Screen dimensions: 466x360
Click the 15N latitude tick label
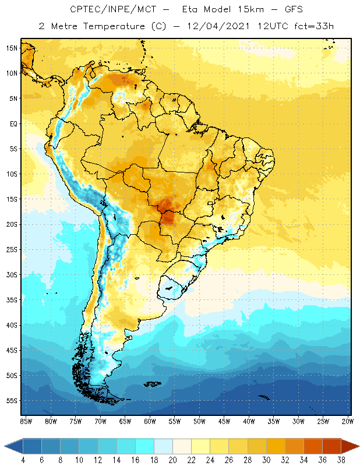pos(12,48)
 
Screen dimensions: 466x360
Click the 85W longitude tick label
pos(26,421)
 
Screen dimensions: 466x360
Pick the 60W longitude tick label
pos(150,421)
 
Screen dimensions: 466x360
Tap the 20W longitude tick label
pos(348,421)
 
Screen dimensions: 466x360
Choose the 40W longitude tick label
pos(249,421)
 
